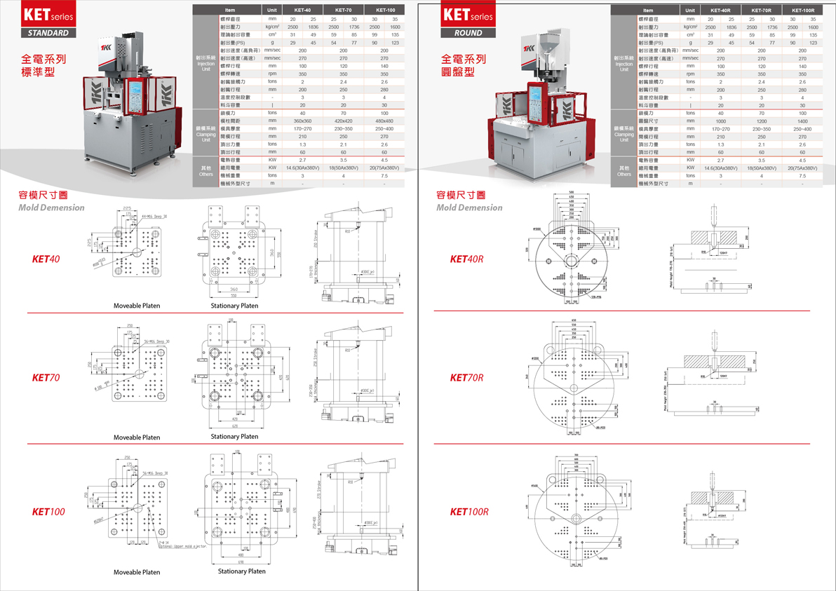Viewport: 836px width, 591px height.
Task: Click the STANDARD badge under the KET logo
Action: click(x=48, y=32)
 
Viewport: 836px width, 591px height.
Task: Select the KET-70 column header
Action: click(x=344, y=11)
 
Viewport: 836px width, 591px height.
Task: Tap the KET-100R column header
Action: click(x=802, y=11)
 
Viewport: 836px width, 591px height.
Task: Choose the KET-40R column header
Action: click(x=720, y=11)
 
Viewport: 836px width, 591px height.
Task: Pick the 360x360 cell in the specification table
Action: click(x=302, y=121)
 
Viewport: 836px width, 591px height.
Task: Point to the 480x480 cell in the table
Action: click(x=384, y=121)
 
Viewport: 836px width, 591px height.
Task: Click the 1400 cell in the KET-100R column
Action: click(x=802, y=121)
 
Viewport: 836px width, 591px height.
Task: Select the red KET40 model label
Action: click(x=46, y=259)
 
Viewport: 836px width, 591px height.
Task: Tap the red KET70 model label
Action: click(x=46, y=378)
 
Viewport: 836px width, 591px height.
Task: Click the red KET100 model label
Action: click(x=48, y=512)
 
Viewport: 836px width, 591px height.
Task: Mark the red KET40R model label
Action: click(x=467, y=259)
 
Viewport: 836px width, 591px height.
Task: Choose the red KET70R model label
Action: click(x=467, y=378)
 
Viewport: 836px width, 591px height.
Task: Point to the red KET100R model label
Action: click(x=469, y=512)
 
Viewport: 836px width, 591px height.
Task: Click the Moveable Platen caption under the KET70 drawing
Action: click(x=137, y=437)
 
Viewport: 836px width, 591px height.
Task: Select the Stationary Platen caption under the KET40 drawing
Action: click(x=234, y=306)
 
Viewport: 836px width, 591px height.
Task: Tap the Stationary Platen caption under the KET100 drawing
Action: click(x=242, y=571)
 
